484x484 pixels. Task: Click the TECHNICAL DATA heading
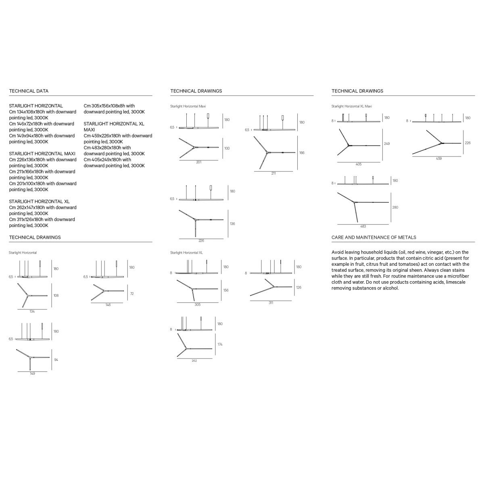[29, 91]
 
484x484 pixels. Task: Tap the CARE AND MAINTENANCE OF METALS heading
[374, 237]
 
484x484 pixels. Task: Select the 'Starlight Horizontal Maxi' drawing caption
[188, 106]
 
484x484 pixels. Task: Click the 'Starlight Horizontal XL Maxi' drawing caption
[352, 106]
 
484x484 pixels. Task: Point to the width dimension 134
[32, 311]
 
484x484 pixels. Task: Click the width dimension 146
[108, 305]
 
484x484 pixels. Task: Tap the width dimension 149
[32, 373]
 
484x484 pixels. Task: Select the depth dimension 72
[132, 294]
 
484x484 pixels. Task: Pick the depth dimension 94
[56, 360]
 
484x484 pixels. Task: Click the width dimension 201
[199, 162]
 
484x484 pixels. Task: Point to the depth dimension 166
[302, 153]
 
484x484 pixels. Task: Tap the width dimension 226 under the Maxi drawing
[201, 241]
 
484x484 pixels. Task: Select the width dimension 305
[197, 305]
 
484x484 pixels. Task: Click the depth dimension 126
[298, 287]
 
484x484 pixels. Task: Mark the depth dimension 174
[220, 344]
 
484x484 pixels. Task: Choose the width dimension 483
[363, 226]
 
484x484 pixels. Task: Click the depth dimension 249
[387, 144]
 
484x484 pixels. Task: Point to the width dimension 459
[438, 159]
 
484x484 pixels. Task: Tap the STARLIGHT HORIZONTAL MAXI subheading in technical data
[42, 154]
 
